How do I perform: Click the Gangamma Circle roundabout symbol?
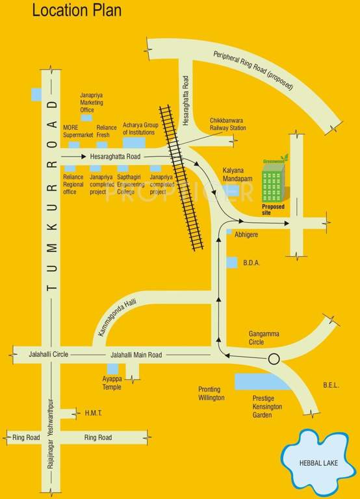(274, 358)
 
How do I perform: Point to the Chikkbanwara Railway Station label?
(227, 124)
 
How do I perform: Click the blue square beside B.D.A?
(232, 262)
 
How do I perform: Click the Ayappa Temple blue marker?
(113, 369)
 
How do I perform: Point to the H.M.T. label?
(93, 413)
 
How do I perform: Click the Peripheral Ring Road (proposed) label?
(253, 71)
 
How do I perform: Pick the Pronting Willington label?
(212, 393)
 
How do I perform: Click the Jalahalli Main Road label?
(136, 355)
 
